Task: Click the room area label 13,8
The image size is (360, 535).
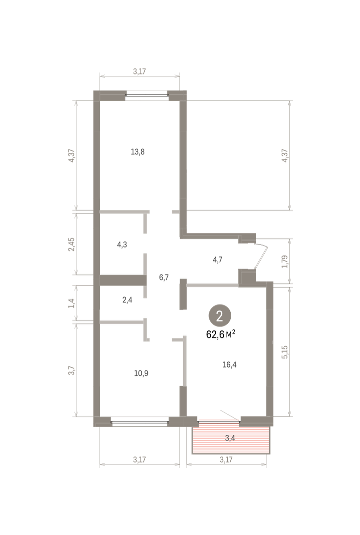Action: pyautogui.click(x=138, y=152)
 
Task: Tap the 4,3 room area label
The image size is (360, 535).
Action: pyautogui.click(x=122, y=245)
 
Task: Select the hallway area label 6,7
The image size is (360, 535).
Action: pyautogui.click(x=164, y=277)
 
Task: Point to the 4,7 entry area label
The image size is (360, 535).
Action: pyautogui.click(x=217, y=259)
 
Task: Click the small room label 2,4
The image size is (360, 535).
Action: pyautogui.click(x=127, y=300)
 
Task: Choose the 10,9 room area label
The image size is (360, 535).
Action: pyautogui.click(x=141, y=373)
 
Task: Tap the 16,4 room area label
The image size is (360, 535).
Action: pyautogui.click(x=229, y=365)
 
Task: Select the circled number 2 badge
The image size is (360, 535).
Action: pyautogui.click(x=220, y=316)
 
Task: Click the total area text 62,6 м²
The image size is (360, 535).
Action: pyautogui.click(x=221, y=334)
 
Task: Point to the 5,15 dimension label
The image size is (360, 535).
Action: pyautogui.click(x=285, y=352)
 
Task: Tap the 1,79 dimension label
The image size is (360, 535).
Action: pyautogui.click(x=285, y=262)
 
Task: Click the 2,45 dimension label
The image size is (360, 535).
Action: pyautogui.click(x=72, y=244)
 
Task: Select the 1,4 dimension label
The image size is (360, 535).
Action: pyautogui.click(x=72, y=303)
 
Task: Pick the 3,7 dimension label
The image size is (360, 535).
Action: pyautogui.click(x=72, y=370)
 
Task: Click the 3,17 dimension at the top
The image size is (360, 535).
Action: pyautogui.click(x=139, y=71)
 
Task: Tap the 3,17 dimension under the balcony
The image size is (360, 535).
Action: pyautogui.click(x=226, y=459)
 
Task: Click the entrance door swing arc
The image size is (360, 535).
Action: pyautogui.click(x=262, y=256)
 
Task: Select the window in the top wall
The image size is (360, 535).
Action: pyautogui.click(x=147, y=95)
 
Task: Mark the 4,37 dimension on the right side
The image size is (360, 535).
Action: pyautogui.click(x=285, y=156)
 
